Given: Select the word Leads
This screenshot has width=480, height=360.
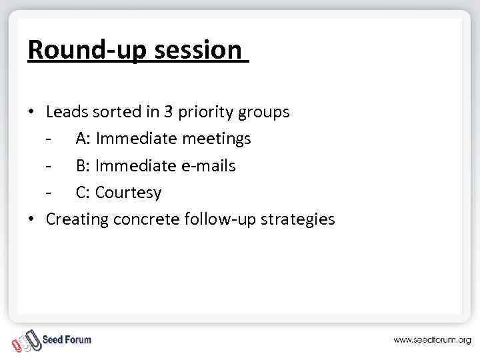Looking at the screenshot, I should tap(67, 112).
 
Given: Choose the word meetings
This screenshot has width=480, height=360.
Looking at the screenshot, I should tap(217, 139).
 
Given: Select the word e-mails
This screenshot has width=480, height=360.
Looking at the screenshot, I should tap(209, 165).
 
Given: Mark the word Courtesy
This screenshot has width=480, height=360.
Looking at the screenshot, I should tap(128, 193).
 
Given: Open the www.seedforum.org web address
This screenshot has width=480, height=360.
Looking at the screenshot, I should tap(431, 340).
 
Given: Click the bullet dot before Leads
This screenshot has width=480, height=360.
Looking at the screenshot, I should tap(31, 112).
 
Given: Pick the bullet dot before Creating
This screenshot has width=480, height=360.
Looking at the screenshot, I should tap(31, 219).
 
